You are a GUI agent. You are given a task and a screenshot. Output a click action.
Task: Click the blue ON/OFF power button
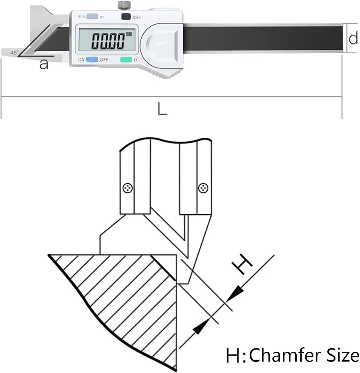tap(92, 59)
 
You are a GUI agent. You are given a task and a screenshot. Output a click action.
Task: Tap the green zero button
tap(126, 59)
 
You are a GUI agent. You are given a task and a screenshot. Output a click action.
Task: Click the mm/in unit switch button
tap(92, 16)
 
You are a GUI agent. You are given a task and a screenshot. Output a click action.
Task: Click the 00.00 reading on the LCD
tap(108, 41)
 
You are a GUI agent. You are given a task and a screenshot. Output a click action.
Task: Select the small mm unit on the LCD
tap(129, 34)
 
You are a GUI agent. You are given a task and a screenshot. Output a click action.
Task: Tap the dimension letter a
tap(44, 65)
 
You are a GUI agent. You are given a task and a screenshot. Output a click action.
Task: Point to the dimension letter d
tap(353, 38)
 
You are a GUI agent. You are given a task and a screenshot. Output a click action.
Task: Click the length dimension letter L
tap(162, 109)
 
